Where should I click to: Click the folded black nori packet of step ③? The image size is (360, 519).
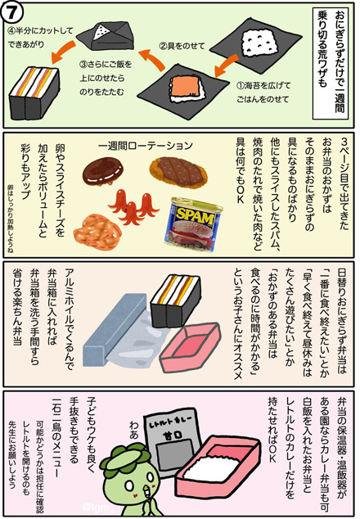point(105,33)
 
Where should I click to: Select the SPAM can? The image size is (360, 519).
point(192,221)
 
